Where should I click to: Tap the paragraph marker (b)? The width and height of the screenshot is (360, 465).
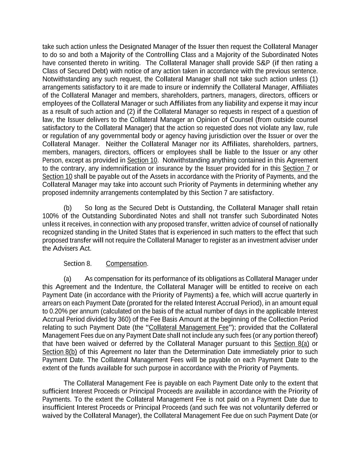pyautogui.click(x=67, y=208)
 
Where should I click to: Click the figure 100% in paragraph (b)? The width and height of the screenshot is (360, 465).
pyautogui.click(x=50, y=216)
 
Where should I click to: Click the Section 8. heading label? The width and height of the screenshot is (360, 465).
pyautogui.click(x=77, y=264)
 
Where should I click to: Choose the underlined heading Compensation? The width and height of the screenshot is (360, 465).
pyautogui.click(x=126, y=264)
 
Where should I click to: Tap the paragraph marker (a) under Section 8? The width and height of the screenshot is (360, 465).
pyautogui.click(x=67, y=279)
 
